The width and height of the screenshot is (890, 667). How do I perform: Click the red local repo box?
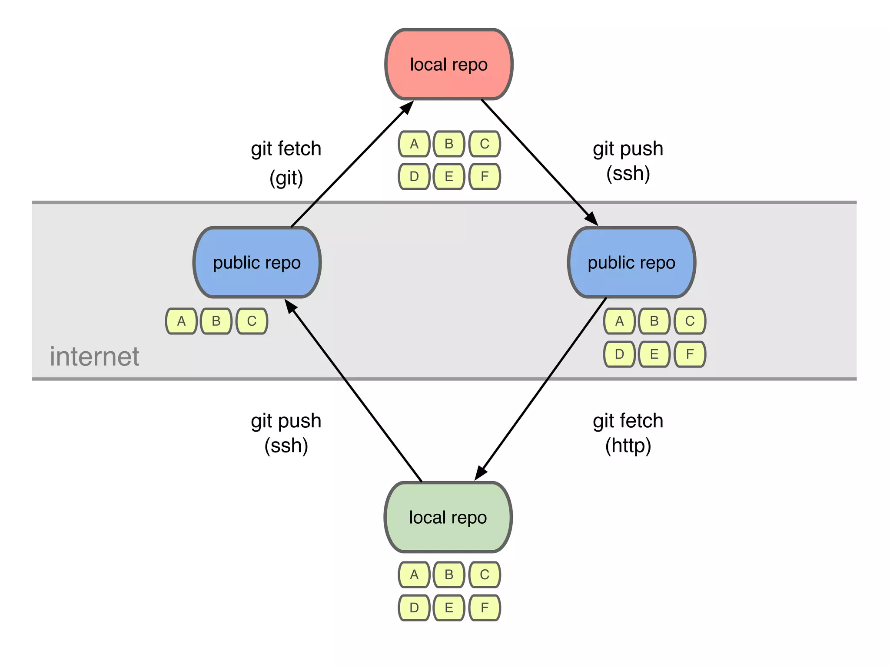(449, 65)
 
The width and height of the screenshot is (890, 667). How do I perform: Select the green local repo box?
(448, 517)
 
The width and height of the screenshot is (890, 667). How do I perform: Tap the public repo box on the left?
(257, 263)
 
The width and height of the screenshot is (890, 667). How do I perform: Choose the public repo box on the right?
(631, 263)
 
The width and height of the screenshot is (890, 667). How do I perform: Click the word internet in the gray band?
(94, 357)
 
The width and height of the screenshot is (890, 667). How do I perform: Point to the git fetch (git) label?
(286, 163)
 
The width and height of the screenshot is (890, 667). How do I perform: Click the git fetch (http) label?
(628, 433)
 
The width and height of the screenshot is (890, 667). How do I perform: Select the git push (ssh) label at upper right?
(628, 161)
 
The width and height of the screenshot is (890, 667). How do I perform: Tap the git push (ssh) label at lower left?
(286, 433)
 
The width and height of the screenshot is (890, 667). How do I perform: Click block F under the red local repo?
(485, 177)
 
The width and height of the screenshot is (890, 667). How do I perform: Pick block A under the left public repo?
(181, 321)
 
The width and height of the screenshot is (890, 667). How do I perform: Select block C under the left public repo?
(252, 321)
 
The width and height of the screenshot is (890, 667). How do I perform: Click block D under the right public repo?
(619, 354)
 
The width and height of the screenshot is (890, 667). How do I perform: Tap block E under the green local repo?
(449, 608)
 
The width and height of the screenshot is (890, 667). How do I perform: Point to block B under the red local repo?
(449, 144)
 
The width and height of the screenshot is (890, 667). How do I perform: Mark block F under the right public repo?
(690, 354)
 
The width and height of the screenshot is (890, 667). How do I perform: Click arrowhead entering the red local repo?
(408, 107)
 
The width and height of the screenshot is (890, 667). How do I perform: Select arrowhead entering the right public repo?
(592, 219)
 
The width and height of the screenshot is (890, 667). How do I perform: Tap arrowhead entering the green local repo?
(480, 473)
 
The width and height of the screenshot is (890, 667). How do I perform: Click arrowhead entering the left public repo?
(290, 306)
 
